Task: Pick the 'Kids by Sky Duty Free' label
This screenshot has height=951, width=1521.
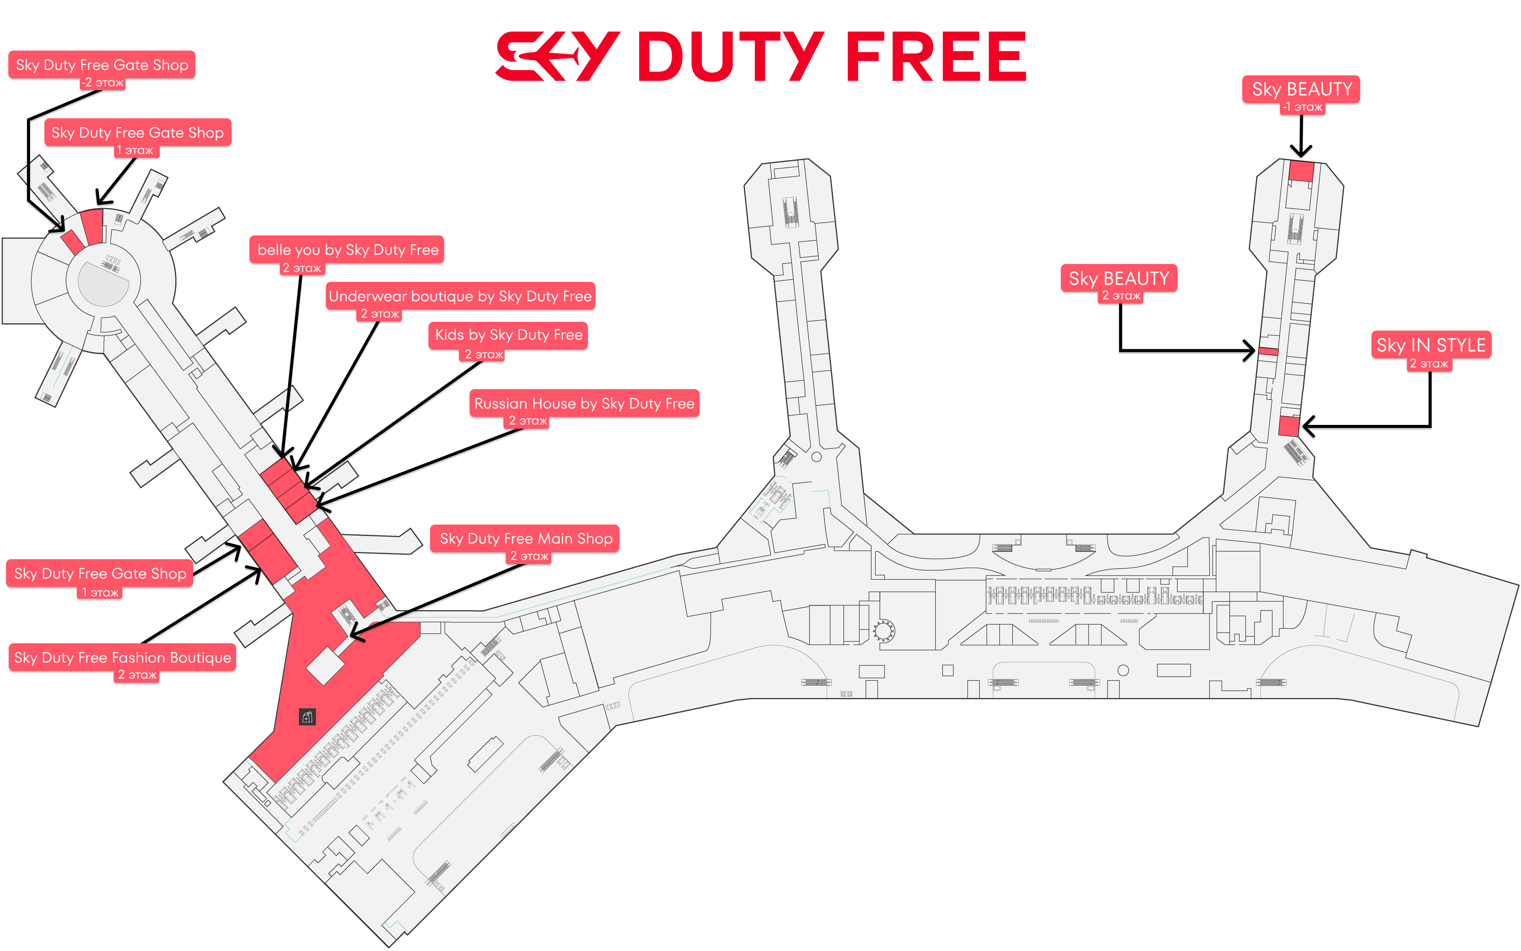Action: coord(508,335)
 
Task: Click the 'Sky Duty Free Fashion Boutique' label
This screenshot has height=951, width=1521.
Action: coord(122,657)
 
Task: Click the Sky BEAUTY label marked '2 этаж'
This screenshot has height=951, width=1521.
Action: coord(1119,278)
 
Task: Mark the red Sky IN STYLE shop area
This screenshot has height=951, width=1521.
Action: coord(1288,426)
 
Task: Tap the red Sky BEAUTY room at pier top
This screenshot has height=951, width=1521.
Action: coord(1301,171)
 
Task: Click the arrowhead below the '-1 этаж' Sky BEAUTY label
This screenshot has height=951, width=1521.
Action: coord(1301,151)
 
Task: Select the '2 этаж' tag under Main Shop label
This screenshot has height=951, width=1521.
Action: coord(529,556)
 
